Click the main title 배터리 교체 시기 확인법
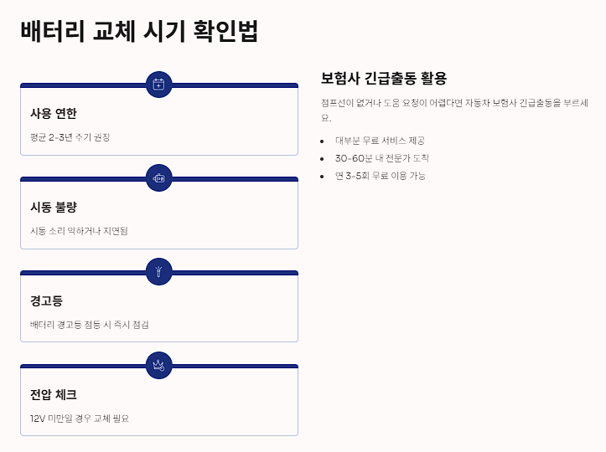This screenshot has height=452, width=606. pyautogui.click(x=139, y=31)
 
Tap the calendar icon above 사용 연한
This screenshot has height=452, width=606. pyautogui.click(x=159, y=84)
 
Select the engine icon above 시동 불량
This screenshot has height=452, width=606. pyautogui.click(x=159, y=177)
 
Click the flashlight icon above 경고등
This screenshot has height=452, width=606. pyautogui.click(x=159, y=271)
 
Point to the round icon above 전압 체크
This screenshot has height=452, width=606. pyautogui.click(x=159, y=365)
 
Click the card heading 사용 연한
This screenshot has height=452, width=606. pyautogui.click(x=54, y=113)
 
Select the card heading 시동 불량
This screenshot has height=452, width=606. pyautogui.click(x=54, y=207)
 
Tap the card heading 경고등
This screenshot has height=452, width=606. pyautogui.click(x=47, y=300)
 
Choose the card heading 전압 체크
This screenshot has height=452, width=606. pyautogui.click(x=54, y=394)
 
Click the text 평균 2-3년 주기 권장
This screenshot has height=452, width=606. pyautogui.click(x=70, y=137)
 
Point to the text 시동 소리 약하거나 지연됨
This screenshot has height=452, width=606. pyautogui.click(x=79, y=231)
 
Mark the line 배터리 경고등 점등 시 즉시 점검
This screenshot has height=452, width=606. pyautogui.click(x=89, y=325)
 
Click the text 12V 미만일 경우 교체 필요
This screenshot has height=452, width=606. pyautogui.click(x=80, y=419)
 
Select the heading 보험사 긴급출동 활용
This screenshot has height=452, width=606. pyautogui.click(x=384, y=79)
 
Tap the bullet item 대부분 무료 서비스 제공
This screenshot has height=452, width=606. pyautogui.click(x=380, y=140)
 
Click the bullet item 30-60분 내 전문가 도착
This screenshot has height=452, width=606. pyautogui.click(x=381, y=157)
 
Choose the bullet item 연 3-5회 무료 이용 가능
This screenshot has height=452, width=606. pyautogui.click(x=381, y=176)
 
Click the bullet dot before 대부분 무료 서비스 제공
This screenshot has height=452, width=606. pyautogui.click(x=323, y=140)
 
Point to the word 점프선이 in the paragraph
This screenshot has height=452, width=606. pyautogui.click(x=337, y=102)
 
